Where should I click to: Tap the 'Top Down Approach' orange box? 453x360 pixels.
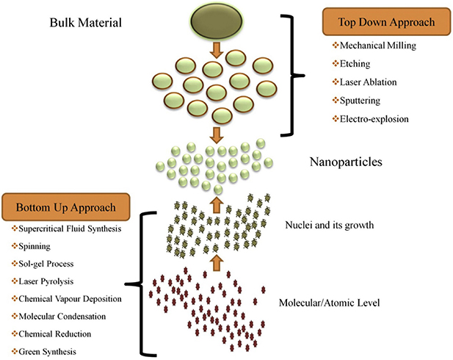386,22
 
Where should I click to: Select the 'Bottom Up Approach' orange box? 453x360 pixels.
65,207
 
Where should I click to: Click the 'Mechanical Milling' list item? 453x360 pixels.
374,46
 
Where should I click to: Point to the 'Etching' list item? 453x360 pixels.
351,64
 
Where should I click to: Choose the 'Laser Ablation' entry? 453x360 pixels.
365,82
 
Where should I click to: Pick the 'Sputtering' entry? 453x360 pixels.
356,101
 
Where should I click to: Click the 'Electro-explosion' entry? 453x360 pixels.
371,119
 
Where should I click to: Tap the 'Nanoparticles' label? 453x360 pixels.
346,162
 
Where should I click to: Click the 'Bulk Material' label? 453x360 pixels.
85,23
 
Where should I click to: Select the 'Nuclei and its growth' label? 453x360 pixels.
330,225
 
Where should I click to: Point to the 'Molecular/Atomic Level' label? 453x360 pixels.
329,303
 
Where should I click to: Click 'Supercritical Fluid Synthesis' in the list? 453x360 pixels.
67,228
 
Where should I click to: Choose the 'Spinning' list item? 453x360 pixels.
31,246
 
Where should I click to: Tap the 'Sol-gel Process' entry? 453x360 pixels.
43,264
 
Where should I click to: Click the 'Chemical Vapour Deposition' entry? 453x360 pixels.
67,299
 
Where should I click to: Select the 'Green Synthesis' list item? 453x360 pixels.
44,352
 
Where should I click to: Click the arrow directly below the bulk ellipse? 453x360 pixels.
217,50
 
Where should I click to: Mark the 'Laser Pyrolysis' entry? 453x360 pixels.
43,281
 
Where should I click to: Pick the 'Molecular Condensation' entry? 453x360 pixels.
59,317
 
